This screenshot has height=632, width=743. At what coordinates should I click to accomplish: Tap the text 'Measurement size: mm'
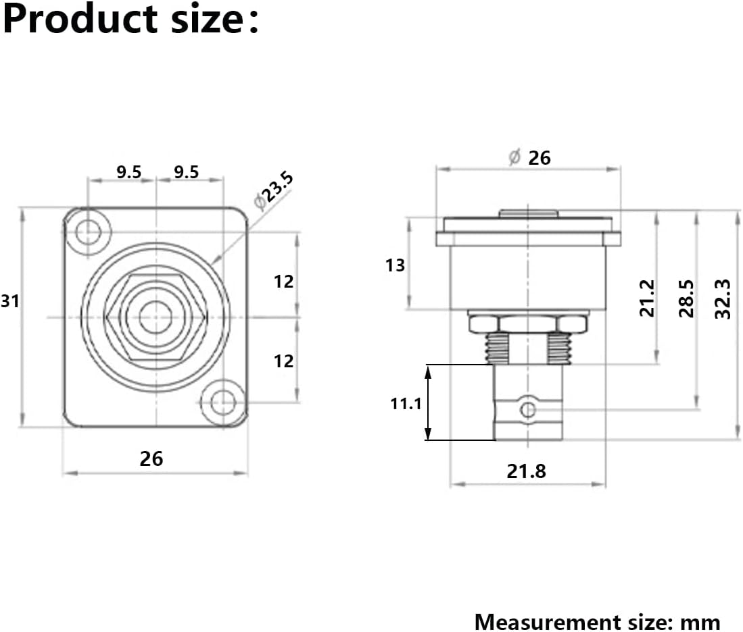tap(597, 621)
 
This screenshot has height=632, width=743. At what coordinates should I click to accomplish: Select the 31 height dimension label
tap(10, 302)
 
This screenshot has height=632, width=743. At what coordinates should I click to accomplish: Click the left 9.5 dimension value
tap(128, 172)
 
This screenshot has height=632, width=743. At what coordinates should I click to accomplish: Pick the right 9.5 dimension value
tap(187, 172)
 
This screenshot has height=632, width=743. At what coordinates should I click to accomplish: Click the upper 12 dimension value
tap(284, 281)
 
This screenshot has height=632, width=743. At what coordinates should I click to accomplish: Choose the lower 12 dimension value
tap(284, 361)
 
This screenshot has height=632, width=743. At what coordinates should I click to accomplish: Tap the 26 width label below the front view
tap(151, 458)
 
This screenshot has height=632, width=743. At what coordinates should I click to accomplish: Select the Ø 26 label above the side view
tap(529, 157)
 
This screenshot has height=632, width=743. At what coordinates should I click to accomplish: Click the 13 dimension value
tap(396, 265)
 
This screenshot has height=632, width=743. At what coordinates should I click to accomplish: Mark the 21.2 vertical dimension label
tap(647, 298)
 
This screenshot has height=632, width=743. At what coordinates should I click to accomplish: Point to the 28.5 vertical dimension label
tap(686, 298)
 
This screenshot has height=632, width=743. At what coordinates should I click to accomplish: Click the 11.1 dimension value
tap(406, 404)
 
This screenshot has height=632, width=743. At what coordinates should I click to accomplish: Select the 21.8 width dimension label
tap(526, 471)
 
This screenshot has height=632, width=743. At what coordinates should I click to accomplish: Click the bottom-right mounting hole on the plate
tap(222, 402)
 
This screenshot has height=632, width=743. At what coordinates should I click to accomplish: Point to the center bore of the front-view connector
tap(155, 316)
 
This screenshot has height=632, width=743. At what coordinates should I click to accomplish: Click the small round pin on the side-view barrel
tap(527, 409)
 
